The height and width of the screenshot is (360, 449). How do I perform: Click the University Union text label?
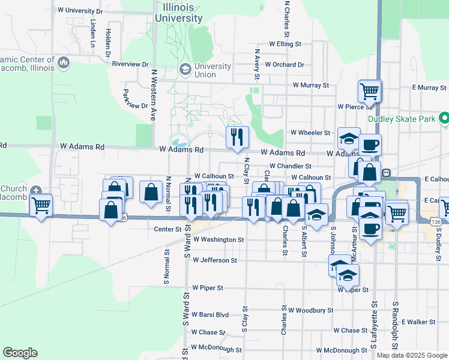[x=213, y=70]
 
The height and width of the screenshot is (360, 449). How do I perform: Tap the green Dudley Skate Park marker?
[x=444, y=119]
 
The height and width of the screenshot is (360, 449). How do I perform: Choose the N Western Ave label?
[x=154, y=95]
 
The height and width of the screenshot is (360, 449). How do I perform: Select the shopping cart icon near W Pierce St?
[x=369, y=91]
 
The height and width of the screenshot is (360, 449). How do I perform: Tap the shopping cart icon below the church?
[x=41, y=206]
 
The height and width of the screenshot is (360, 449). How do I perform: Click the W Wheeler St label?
[x=310, y=133]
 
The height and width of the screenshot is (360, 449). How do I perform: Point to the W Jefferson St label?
[x=214, y=260]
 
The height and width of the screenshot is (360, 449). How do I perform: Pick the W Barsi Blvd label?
[x=210, y=314]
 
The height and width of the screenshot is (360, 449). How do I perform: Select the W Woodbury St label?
[x=310, y=310]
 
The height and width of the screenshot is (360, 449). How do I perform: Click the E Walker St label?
[x=419, y=322]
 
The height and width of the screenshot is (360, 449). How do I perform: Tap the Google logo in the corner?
[x=20, y=353]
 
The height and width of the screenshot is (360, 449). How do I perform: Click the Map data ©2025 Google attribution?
[x=411, y=355]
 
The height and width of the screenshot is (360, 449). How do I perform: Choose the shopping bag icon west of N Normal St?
[x=151, y=192]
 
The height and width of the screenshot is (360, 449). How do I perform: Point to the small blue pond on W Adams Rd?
[x=179, y=143]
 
